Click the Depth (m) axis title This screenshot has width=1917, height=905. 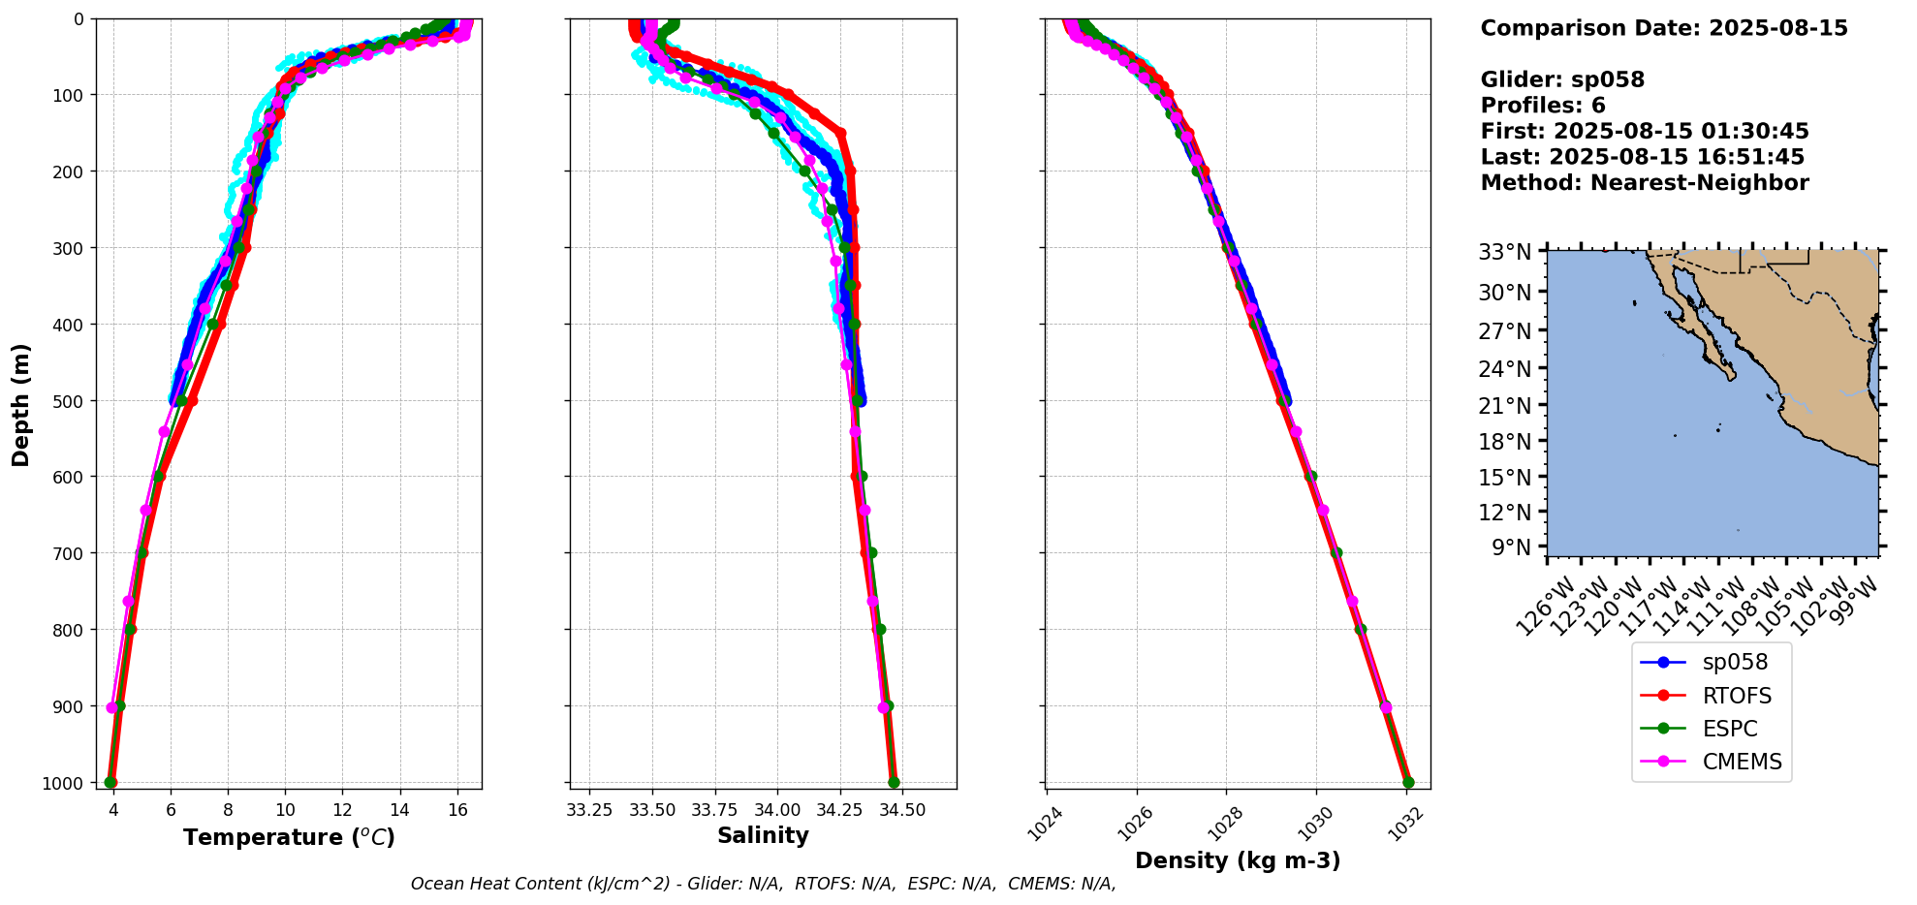(x=21, y=404)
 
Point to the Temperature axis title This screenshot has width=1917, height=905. (x=289, y=837)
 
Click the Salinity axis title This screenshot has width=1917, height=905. (x=763, y=835)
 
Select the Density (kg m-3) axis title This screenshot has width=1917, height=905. (x=1238, y=860)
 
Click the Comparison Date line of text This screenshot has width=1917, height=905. (x=1663, y=28)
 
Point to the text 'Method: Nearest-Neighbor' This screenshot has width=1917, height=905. (x=1644, y=183)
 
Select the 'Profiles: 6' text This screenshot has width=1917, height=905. (x=1542, y=106)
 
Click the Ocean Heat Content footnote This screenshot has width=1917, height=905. (x=763, y=884)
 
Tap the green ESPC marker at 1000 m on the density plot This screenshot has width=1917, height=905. (x=1408, y=782)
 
